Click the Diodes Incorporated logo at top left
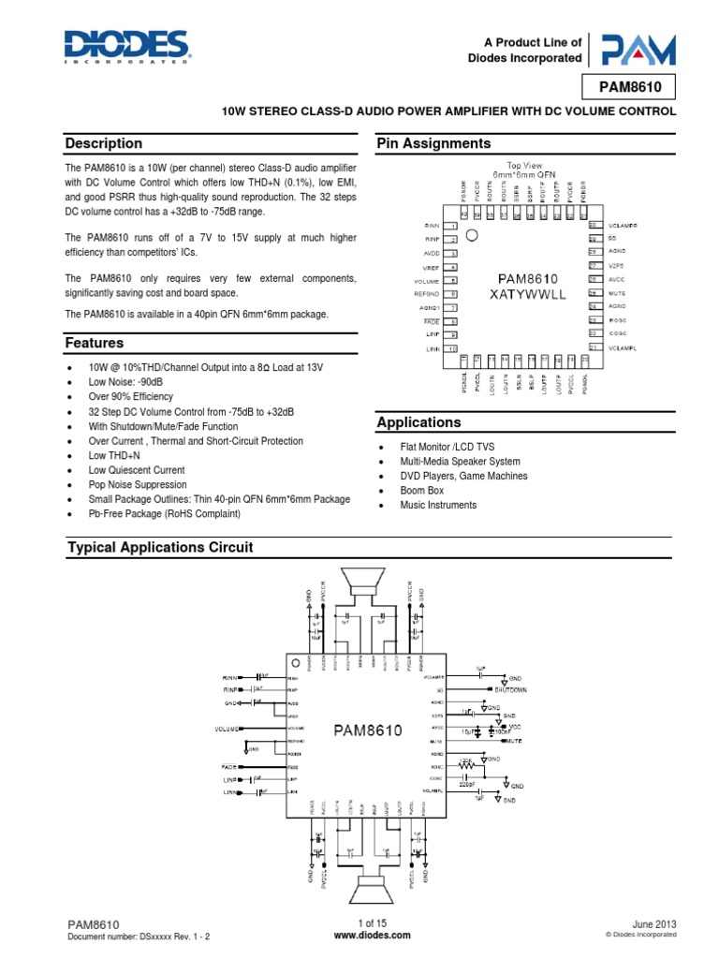point(126,46)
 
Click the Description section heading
point(103,143)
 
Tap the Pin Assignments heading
point(433,143)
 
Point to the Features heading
point(94,344)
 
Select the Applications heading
point(418,422)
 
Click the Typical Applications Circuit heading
point(159,547)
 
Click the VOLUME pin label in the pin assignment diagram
point(428,281)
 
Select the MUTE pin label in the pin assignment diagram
point(617,293)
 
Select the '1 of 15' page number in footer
point(359,922)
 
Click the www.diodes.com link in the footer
point(359,935)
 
